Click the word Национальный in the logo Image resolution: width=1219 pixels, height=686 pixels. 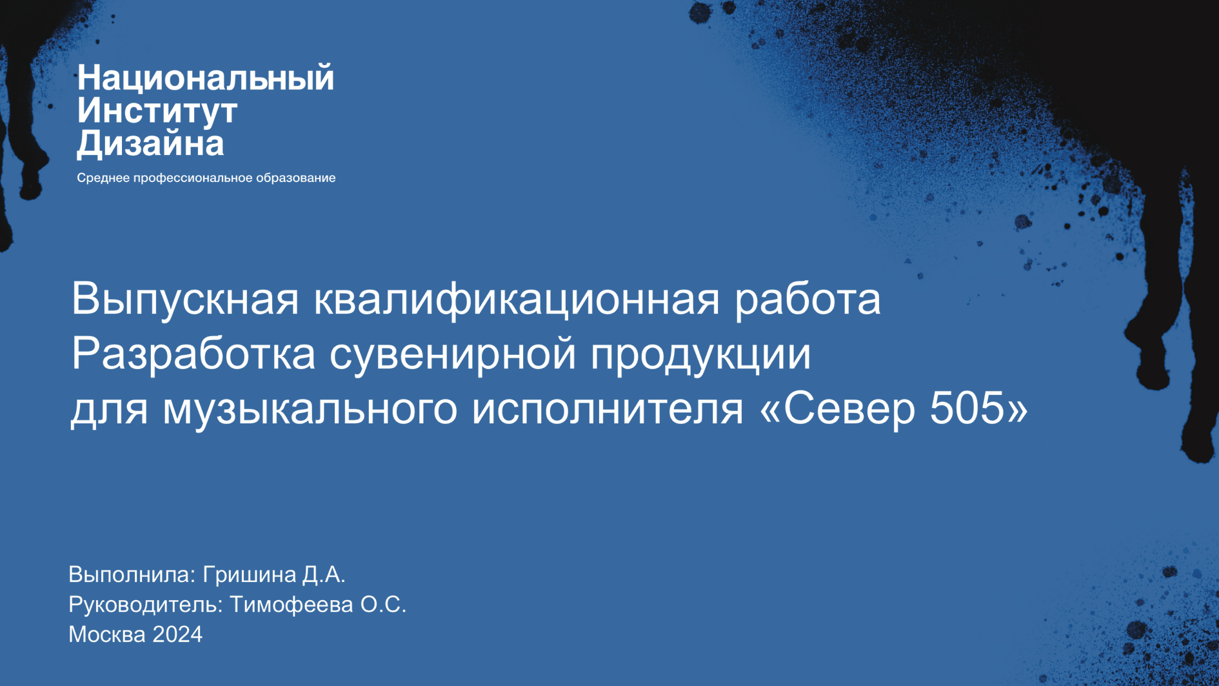click(x=205, y=79)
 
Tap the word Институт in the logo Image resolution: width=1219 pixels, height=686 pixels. click(x=157, y=111)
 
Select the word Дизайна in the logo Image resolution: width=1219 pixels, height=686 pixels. click(x=150, y=143)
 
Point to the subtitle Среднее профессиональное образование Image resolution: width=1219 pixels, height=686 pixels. click(x=206, y=177)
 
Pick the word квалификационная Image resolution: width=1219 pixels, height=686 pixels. click(x=516, y=299)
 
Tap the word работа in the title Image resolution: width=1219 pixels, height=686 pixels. click(x=808, y=299)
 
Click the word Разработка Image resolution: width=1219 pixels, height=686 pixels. click(x=193, y=354)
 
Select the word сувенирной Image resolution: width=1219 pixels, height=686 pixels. click(x=452, y=354)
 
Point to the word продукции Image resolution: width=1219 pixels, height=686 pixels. click(x=700, y=354)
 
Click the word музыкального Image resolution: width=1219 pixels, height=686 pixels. click(x=310, y=409)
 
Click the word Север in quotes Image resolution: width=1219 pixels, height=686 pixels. click(x=849, y=408)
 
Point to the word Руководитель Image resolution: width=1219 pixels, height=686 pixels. click(x=146, y=605)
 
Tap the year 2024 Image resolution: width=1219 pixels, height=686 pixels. click(x=177, y=634)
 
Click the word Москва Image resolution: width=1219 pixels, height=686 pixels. click(x=107, y=634)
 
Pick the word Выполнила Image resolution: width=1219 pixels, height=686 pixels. click(x=132, y=574)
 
